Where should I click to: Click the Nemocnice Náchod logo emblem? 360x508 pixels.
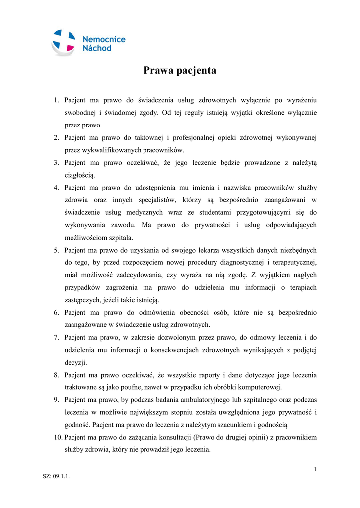coord(64,42)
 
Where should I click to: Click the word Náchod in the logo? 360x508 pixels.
coord(97,48)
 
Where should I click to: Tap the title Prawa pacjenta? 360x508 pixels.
coord(180,71)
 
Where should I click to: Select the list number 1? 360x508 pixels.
coord(56,100)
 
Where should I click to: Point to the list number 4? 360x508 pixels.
coord(56,188)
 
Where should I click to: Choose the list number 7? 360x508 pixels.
coord(56,338)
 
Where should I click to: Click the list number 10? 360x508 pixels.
coord(58,438)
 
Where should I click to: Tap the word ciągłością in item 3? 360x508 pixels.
coord(79,175)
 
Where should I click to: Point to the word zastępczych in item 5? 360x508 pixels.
coord(82,300)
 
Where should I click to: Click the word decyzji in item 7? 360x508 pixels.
coord(75,363)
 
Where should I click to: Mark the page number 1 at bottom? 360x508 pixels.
coord(315,469)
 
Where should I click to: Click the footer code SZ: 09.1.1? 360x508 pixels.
coord(56,477)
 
